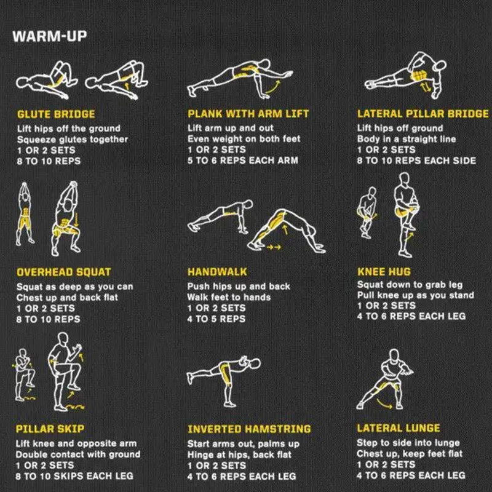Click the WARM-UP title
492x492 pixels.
(x=50, y=36)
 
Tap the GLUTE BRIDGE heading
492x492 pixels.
(x=56, y=114)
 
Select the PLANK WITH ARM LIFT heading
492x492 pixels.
(x=248, y=114)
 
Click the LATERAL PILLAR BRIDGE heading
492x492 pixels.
(x=423, y=114)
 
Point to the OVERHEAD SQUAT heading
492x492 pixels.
(x=64, y=272)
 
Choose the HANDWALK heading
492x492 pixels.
(x=217, y=272)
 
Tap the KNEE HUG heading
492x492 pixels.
(x=384, y=272)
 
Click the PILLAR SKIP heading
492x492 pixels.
(x=50, y=429)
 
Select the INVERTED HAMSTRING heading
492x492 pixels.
(x=249, y=429)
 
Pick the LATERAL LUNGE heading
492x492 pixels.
(x=399, y=428)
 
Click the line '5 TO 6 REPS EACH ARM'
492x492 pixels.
(x=242, y=161)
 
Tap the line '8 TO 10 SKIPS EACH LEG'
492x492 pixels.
(x=74, y=476)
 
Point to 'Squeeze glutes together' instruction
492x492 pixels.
(x=73, y=140)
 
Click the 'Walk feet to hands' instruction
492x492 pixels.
(x=229, y=297)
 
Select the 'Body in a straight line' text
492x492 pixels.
(x=407, y=139)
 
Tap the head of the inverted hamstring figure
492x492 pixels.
(x=255, y=364)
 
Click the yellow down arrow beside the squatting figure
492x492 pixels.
(x=76, y=219)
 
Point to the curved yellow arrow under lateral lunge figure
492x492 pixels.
(x=384, y=405)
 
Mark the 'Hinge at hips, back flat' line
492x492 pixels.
(x=239, y=454)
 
